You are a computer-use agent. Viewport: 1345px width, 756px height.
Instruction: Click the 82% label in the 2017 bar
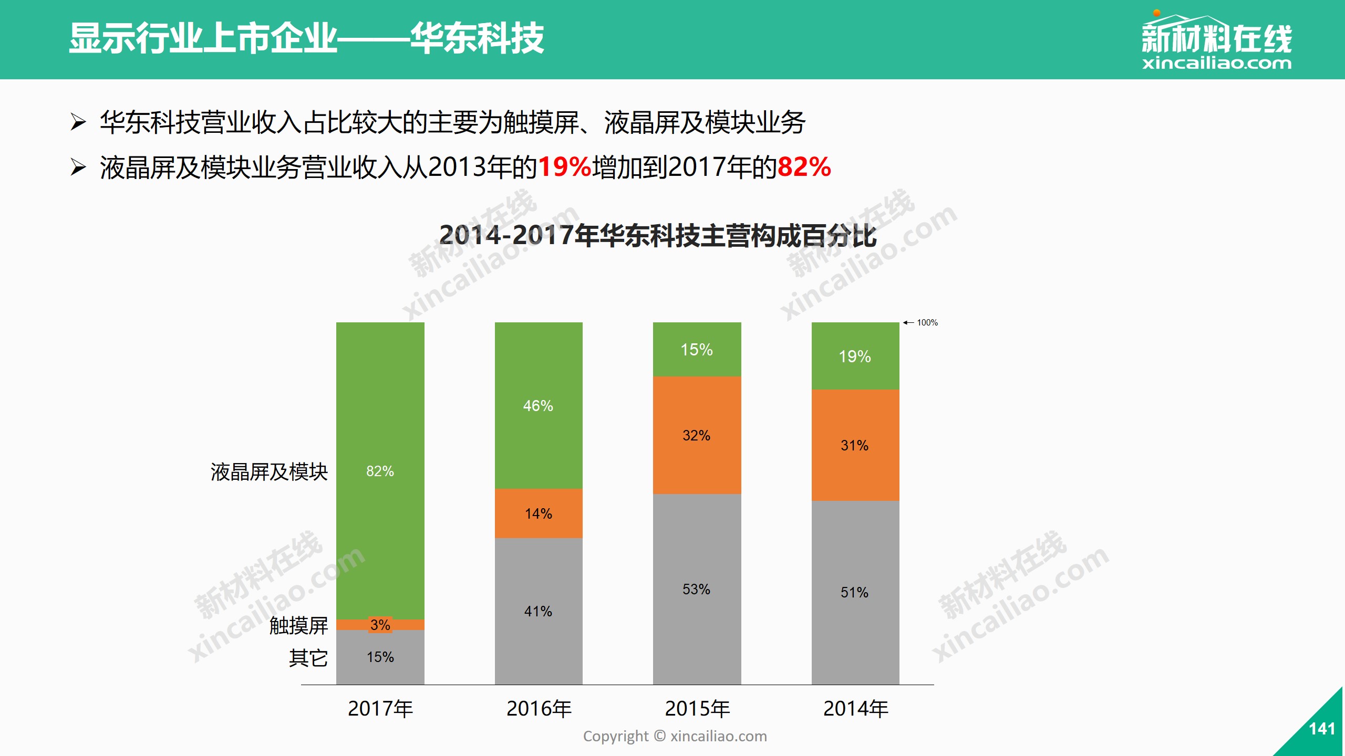coord(380,471)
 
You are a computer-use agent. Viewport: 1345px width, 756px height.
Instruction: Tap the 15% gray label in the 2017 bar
coord(380,657)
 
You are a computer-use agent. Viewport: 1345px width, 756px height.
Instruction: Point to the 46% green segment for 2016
coord(538,405)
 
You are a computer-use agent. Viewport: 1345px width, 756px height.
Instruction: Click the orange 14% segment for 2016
coord(538,513)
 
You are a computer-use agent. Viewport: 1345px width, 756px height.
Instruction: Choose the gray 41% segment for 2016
coord(538,611)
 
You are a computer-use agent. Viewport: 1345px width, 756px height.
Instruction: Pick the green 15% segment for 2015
coord(697,350)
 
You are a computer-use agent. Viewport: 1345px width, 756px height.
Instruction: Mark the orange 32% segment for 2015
coord(697,435)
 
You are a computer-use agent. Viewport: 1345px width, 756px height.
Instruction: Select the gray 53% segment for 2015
coord(697,589)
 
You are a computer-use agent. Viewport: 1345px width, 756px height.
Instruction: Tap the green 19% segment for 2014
coord(855,356)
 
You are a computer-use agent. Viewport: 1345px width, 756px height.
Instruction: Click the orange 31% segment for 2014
coord(855,445)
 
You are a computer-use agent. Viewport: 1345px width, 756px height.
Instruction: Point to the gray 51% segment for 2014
coord(855,592)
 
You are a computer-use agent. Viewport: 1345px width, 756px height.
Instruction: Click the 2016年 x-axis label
coord(539,709)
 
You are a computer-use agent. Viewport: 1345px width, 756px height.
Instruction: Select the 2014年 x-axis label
coord(856,709)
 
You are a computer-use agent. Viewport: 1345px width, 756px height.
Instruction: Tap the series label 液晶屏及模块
coord(269,472)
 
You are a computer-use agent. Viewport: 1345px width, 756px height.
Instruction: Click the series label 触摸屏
coord(298,625)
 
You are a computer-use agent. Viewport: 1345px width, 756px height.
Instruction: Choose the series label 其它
coord(308,658)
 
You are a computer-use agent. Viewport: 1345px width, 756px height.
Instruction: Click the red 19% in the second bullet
coord(565,167)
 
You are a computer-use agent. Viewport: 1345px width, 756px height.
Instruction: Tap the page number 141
coord(1322,729)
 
